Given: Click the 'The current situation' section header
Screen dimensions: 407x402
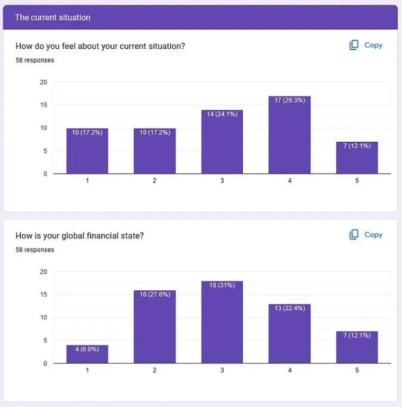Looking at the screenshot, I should [52, 18].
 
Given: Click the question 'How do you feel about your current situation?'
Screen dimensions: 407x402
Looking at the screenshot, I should [100, 46].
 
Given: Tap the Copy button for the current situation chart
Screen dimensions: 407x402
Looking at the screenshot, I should [366, 45].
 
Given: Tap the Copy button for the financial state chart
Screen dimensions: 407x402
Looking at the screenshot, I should [366, 235].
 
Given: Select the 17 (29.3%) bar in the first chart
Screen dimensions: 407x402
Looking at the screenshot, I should [289, 135].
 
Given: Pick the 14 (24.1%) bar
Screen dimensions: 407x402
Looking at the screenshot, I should [222, 142].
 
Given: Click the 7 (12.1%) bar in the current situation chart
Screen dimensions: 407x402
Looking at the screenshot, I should [357, 158].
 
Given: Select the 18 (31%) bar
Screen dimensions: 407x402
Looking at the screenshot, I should [222, 322].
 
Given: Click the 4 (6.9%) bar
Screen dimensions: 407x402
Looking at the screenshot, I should [87, 354].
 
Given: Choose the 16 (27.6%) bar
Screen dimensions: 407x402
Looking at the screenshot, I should [154, 327].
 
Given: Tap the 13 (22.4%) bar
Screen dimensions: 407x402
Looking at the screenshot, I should [289, 334].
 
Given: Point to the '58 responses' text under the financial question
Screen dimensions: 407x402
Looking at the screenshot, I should [35, 250].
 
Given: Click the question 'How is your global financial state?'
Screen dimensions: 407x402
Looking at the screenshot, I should [79, 235].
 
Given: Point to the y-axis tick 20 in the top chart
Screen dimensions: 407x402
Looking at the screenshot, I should [43, 82].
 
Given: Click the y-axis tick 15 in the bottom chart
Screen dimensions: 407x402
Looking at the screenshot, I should [43, 294].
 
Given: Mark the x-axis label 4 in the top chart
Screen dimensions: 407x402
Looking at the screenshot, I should [289, 181].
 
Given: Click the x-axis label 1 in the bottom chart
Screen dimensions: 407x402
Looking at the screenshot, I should [87, 370].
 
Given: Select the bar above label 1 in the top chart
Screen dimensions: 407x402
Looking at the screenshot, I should [87, 151].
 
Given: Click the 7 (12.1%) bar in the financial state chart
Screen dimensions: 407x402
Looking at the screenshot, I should [357, 347].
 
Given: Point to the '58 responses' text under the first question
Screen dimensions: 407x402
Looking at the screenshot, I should [35, 60].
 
